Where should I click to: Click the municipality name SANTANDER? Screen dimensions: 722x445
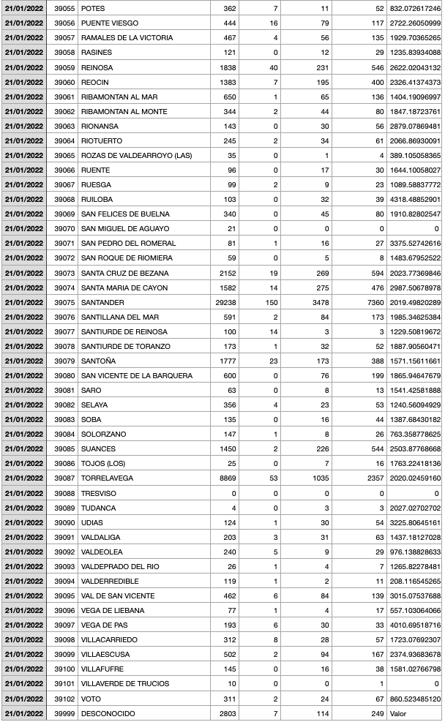pos(102,302)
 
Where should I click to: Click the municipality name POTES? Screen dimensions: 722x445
pos(91,9)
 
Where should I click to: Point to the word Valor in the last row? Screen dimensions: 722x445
pos(398,713)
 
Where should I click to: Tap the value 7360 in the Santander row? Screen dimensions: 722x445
pos(373,302)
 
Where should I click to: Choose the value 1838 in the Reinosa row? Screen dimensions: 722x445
pos(227,67)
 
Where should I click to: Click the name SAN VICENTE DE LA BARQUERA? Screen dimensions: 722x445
pos(136,375)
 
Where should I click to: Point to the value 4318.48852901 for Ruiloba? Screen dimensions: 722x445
pos(415,199)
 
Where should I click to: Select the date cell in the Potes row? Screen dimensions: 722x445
pos(23,9)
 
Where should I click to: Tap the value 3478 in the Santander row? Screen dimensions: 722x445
pos(318,302)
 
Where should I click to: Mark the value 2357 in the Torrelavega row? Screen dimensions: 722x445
pos(373,478)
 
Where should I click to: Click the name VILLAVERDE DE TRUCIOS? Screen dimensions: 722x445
pos(125,684)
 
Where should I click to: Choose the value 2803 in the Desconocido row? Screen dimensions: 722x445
pos(227,713)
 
